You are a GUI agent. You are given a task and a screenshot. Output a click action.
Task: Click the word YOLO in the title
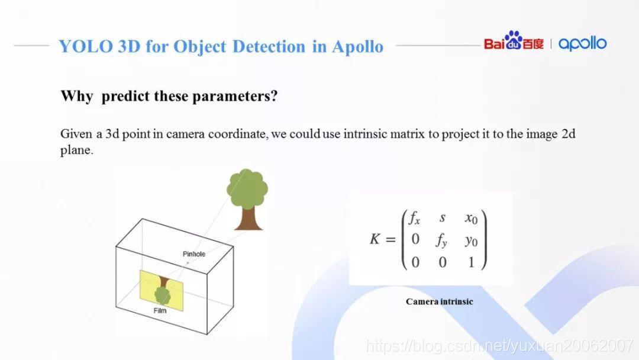click(86, 46)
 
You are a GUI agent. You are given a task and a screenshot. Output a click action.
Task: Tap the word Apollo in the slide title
click(357, 47)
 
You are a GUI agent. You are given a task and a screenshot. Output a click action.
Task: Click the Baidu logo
click(514, 41)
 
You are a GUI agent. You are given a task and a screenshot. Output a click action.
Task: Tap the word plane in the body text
click(76, 150)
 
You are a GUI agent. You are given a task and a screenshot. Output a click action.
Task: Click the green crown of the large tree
click(247, 189)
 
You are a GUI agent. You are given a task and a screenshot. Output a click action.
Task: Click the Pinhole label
click(194, 254)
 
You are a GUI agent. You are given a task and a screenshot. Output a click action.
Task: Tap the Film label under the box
click(160, 311)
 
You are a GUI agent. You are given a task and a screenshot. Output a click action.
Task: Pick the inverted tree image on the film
click(163, 290)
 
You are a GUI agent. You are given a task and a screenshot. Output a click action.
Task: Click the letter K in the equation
click(375, 239)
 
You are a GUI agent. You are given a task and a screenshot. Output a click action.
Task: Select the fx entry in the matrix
click(414, 218)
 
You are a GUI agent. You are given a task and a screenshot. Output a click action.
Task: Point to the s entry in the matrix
click(443, 218)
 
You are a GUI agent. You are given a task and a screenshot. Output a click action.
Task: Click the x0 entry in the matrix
click(471, 218)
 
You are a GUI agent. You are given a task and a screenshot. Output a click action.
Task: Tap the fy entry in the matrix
click(441, 240)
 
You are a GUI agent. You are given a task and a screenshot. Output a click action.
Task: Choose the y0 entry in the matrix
click(471, 241)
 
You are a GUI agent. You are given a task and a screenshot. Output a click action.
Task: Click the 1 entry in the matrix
click(472, 262)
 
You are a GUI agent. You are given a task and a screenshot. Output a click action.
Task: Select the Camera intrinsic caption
click(439, 302)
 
